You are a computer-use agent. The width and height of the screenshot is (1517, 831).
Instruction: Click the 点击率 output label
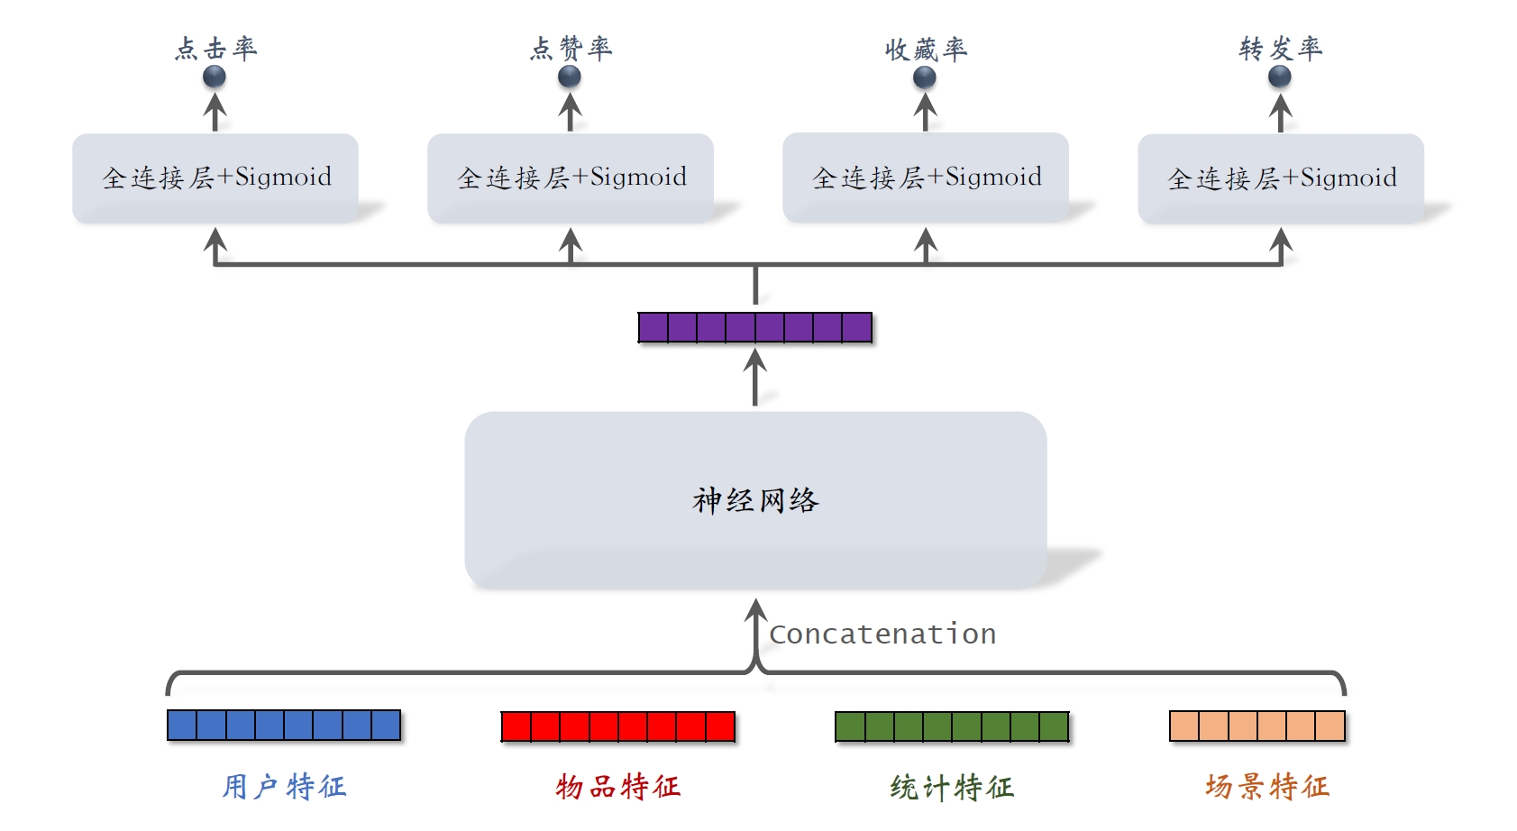[x=215, y=49]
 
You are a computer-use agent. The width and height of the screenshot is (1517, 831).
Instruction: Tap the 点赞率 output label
[x=571, y=49]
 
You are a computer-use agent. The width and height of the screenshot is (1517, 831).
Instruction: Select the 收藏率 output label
[x=926, y=50]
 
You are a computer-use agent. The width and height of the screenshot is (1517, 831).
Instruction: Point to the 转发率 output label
[x=1280, y=49]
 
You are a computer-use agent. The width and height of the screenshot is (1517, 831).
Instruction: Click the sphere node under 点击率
[x=215, y=78]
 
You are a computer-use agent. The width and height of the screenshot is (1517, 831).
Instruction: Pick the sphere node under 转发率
[x=1280, y=78]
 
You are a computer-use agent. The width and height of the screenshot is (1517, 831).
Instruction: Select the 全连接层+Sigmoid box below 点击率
[x=215, y=178]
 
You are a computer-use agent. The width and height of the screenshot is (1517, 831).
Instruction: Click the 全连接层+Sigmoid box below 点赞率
[x=571, y=178]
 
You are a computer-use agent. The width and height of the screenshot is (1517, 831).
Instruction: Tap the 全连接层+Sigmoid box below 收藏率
[x=926, y=178]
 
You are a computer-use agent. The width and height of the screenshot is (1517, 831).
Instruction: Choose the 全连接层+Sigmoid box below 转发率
[x=1281, y=178]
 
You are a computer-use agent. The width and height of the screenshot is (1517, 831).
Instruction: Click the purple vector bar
[x=754, y=327]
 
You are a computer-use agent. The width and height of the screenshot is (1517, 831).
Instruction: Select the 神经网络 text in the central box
[x=755, y=500]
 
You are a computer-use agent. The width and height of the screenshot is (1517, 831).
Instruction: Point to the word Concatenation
[x=882, y=635]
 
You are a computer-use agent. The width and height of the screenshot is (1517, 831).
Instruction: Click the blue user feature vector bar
[x=284, y=726]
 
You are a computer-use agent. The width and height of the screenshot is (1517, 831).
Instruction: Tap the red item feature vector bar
[x=618, y=726]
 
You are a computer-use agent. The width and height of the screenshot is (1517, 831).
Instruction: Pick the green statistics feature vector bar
[x=952, y=726]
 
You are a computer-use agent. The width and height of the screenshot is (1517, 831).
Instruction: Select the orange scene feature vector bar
[x=1257, y=726]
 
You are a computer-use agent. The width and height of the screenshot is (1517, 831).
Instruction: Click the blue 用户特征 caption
[x=284, y=787]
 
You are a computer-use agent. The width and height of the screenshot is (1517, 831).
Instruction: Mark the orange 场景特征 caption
[x=1266, y=787]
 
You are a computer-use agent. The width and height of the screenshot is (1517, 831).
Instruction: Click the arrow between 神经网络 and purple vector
[x=755, y=378]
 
